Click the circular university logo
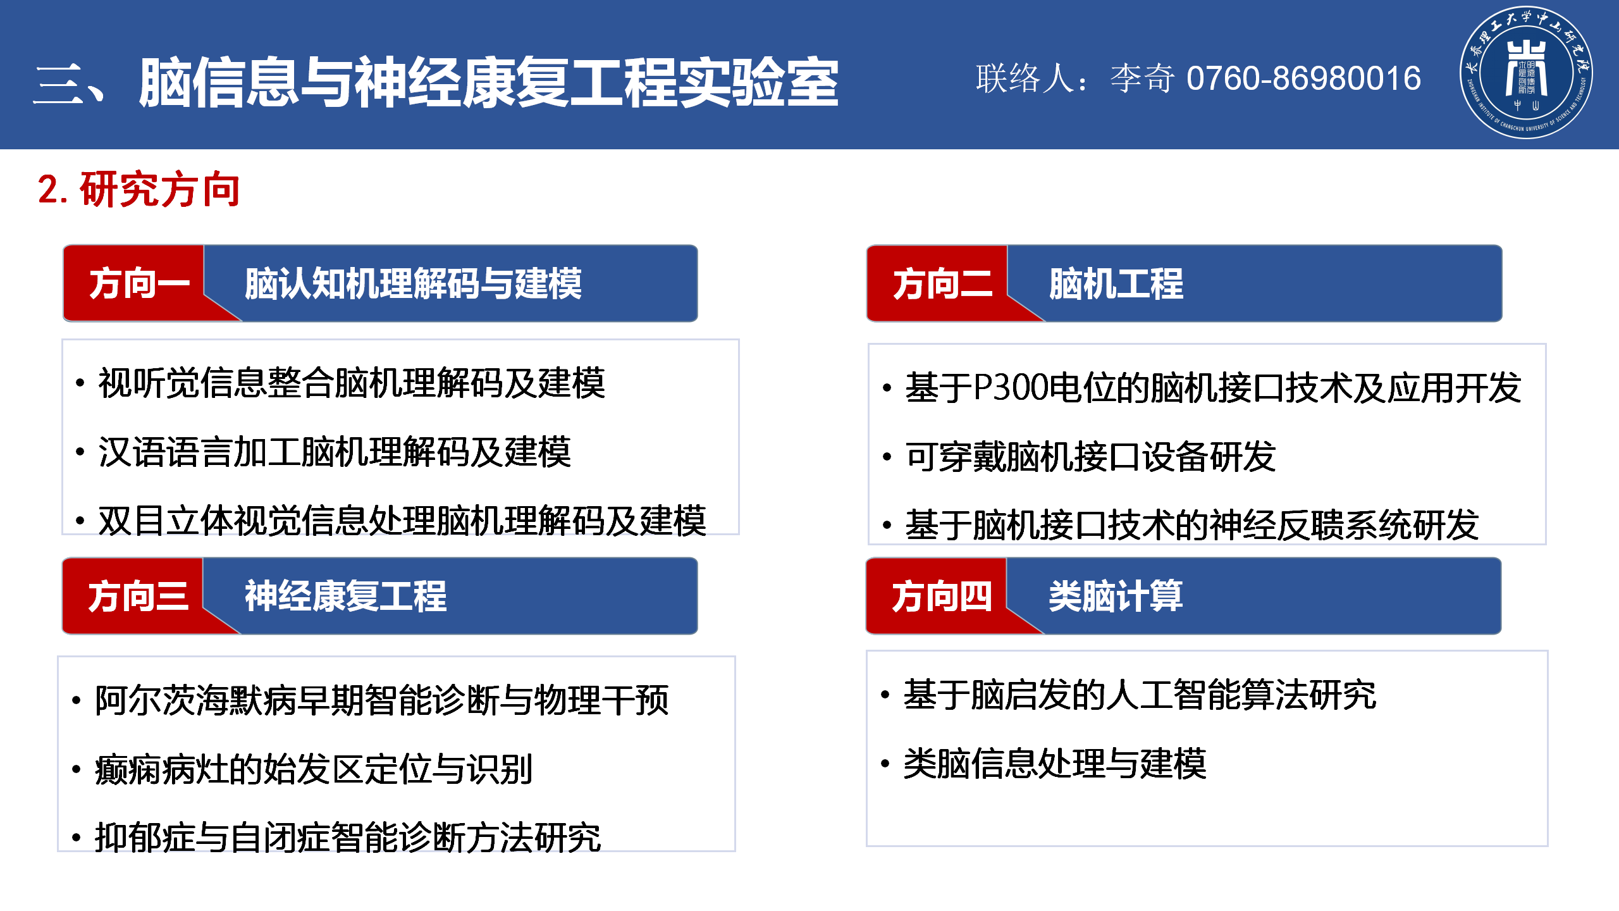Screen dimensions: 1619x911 pyautogui.click(x=1526, y=73)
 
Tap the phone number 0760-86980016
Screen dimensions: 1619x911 pyautogui.click(x=1303, y=78)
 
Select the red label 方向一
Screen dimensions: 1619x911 pyautogui.click(x=140, y=283)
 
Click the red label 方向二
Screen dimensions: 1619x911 pyautogui.click(x=943, y=283)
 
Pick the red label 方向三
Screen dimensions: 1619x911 pyautogui.click(x=139, y=597)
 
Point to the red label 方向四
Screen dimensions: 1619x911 pyautogui.click(x=942, y=597)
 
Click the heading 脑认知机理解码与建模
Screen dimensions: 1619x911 pyautogui.click(x=413, y=283)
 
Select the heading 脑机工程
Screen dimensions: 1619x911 pyautogui.click(x=1116, y=283)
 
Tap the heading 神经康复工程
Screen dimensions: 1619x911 pyautogui.click(x=345, y=596)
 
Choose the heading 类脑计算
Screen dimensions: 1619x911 pyautogui.click(x=1116, y=596)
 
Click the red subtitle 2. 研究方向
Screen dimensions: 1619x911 pyautogui.click(x=139, y=189)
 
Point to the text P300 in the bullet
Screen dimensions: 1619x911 pyautogui.click(x=1010, y=387)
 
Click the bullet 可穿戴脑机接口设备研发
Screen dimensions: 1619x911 pyautogui.click(x=1090, y=456)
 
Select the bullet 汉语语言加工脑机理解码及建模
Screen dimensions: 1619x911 pyautogui.click(x=335, y=452)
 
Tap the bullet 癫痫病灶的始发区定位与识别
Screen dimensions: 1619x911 pyautogui.click(x=314, y=769)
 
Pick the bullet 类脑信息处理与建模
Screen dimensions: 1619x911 pyautogui.click(x=1055, y=764)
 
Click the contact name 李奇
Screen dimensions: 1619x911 pyautogui.click(x=1142, y=78)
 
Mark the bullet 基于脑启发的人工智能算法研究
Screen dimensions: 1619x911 pyautogui.click(x=1140, y=695)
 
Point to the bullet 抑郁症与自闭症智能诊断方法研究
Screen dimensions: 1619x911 pyautogui.click(x=348, y=838)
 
